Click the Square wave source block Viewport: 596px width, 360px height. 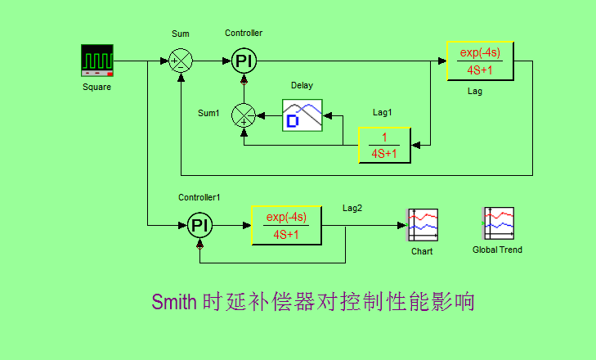pos(97,61)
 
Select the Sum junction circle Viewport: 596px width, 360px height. pos(181,61)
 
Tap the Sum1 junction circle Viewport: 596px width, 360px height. pos(244,115)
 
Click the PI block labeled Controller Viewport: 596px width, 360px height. pos(244,61)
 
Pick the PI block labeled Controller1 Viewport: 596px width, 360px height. pos(200,225)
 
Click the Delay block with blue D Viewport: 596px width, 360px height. pos(302,115)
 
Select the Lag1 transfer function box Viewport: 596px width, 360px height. pos(385,146)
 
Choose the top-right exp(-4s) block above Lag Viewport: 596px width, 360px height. pos(481,61)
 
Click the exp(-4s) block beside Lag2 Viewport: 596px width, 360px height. pos(287,225)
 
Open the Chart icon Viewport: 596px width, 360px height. pos(423,225)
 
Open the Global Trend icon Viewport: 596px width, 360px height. pos(498,223)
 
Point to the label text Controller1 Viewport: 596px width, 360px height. pos(199,197)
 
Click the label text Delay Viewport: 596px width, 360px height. pos(302,85)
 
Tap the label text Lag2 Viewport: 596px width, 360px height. pos(352,208)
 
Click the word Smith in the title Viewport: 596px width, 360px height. pos(174,302)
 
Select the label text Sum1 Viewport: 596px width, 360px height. pos(208,113)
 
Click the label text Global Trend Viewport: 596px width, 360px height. pos(498,250)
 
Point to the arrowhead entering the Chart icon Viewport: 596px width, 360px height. pos(401,225)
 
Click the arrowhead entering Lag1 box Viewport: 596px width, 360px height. pos(416,145)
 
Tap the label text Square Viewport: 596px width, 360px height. pos(97,88)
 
